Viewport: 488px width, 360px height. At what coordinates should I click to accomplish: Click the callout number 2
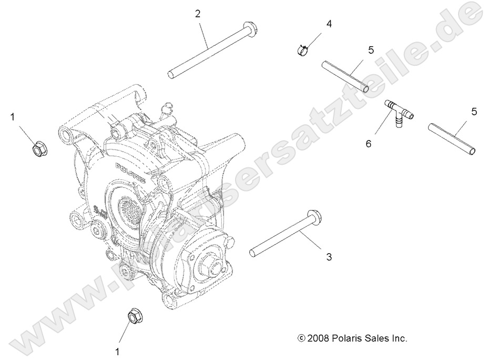198,14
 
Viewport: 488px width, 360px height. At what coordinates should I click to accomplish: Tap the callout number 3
329,257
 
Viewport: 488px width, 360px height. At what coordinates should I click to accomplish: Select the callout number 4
329,24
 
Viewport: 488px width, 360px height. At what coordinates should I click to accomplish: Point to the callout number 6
369,143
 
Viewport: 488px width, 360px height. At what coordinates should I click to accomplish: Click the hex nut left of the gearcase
38,149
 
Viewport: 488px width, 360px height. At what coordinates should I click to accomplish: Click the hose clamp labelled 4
302,50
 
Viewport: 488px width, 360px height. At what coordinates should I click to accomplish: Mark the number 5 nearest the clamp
371,50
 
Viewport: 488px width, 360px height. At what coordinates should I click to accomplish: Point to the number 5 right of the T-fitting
474,111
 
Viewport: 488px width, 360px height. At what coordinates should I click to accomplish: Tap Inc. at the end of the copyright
399,338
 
